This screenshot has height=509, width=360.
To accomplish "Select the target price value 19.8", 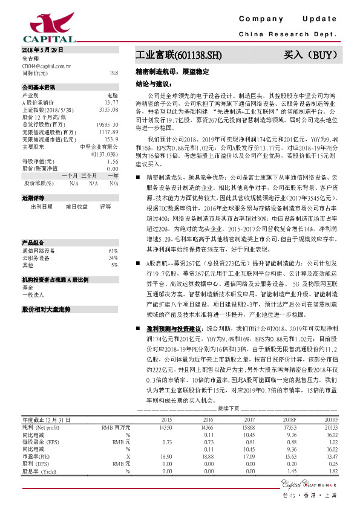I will point(114,73).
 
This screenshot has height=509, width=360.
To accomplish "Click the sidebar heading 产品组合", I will point(33,242).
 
